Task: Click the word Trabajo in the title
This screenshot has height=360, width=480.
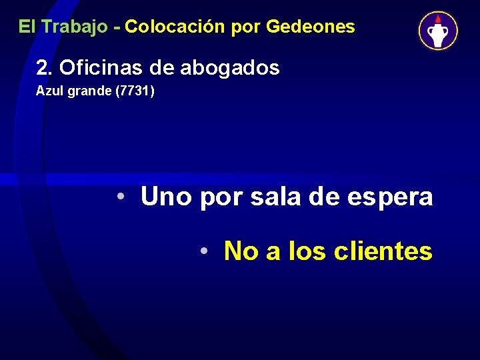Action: [73, 27]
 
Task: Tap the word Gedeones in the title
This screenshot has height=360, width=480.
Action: [310, 27]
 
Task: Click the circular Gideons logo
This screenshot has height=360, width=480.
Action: [438, 31]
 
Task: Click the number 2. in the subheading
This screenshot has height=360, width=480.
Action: [45, 67]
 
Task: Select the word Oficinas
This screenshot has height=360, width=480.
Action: [97, 67]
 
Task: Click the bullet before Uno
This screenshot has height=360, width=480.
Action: [121, 197]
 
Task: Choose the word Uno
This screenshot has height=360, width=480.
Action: [167, 197]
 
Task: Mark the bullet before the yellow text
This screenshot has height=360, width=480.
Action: [205, 251]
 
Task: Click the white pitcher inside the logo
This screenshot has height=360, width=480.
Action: [438, 34]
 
